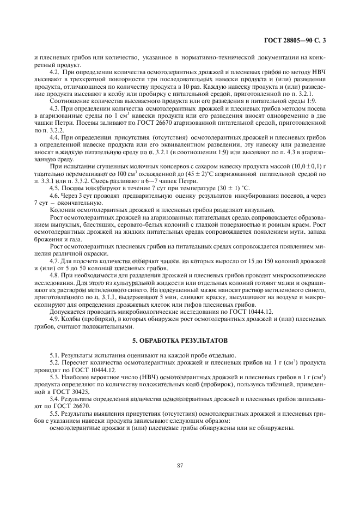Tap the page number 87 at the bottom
coord(180,465)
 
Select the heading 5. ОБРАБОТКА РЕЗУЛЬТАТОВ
coord(180,341)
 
